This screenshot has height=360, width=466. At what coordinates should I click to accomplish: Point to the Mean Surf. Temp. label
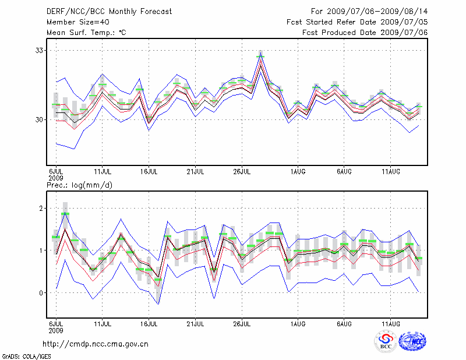click(x=86, y=32)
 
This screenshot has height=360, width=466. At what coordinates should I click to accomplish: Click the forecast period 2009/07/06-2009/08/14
click(x=369, y=11)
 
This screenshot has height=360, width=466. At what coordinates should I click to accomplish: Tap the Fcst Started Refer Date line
click(x=357, y=22)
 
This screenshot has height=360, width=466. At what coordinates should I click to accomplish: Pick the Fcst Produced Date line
click(x=365, y=32)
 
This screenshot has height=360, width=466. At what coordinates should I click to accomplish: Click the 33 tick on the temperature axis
click(x=40, y=51)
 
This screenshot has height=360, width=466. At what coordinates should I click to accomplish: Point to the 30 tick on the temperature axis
click(x=40, y=119)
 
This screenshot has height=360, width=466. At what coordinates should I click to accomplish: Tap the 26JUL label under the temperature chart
click(x=242, y=172)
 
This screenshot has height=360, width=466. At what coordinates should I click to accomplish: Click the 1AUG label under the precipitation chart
click(x=298, y=322)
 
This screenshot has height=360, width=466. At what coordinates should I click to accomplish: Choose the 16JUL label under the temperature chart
click(x=149, y=172)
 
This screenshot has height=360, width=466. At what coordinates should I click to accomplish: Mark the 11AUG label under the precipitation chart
click(x=390, y=322)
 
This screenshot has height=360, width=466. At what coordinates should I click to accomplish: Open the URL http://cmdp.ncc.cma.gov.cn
click(x=96, y=344)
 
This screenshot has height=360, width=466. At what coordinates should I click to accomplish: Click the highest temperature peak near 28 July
click(x=260, y=55)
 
